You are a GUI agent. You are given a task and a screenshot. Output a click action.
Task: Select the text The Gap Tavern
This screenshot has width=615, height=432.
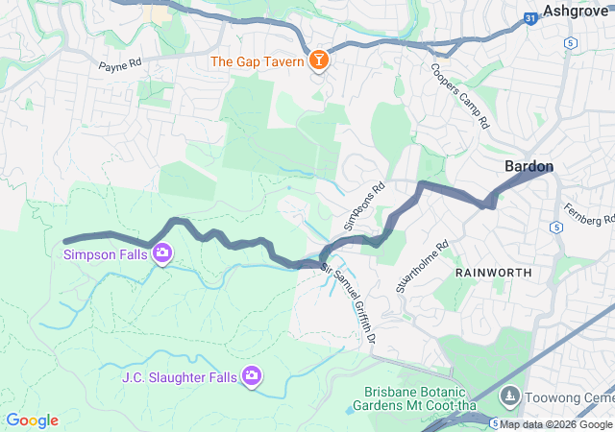click(257, 61)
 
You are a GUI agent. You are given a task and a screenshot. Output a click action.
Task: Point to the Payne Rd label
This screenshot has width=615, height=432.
click(120, 66)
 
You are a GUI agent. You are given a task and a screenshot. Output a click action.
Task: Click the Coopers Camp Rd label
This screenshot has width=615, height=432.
click(460, 98)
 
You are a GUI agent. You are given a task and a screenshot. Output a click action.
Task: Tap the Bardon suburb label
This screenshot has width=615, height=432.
click(529, 166)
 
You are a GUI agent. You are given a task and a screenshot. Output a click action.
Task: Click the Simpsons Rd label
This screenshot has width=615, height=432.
click(364, 204)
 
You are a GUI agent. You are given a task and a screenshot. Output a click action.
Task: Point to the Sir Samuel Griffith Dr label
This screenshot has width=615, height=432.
click(348, 293)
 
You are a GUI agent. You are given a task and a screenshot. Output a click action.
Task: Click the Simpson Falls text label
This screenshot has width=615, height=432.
click(105, 254)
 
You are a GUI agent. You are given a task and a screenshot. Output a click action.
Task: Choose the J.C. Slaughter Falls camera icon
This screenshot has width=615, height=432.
click(252, 376)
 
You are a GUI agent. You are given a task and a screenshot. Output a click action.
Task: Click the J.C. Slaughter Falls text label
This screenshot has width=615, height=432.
click(180, 377)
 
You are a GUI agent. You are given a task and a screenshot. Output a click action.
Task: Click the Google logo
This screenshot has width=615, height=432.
click(33, 420)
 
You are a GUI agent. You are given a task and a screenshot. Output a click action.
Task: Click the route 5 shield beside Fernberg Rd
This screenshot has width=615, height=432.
click(556, 227)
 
